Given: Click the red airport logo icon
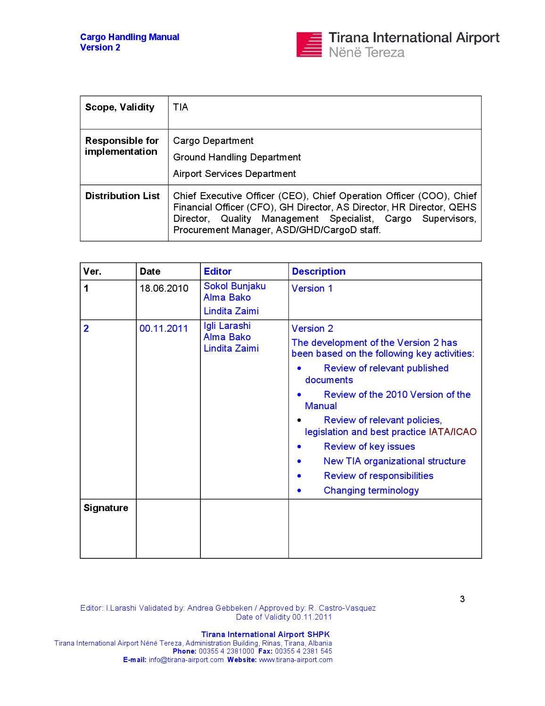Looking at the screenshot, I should (309, 45).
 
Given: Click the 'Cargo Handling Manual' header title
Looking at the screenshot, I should (130, 37).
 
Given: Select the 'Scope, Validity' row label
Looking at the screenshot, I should (120, 108).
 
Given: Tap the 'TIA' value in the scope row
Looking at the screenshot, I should (181, 108).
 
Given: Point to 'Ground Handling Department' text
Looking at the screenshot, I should (237, 157).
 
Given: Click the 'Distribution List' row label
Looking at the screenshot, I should (122, 196).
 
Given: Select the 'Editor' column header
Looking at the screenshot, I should (217, 271).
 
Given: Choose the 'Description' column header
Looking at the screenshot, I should (318, 271).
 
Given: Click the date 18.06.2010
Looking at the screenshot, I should (164, 288).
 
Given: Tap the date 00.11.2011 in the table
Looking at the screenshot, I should (164, 328).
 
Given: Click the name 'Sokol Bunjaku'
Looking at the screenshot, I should (234, 286).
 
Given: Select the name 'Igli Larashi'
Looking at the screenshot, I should (227, 326).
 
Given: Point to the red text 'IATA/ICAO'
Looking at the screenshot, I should (453, 432).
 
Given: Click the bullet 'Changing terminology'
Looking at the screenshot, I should (371, 490).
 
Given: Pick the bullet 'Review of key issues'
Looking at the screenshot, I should (369, 446).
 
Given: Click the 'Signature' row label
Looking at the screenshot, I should (106, 508).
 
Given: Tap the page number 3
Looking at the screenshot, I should (462, 599).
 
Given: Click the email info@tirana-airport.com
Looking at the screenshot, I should (186, 660).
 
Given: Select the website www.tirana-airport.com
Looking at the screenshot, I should (296, 660).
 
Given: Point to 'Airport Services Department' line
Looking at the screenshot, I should (234, 174).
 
